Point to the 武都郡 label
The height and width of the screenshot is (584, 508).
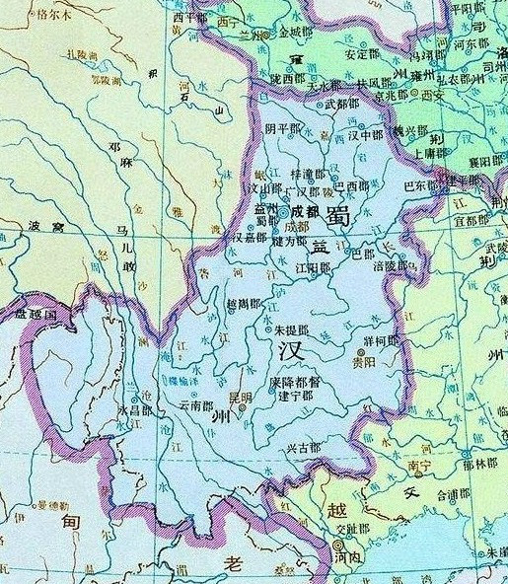[341, 103]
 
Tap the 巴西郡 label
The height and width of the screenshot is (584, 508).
[351, 185]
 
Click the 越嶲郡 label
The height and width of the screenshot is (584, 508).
[244, 305]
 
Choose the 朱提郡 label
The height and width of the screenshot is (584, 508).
[290, 329]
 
